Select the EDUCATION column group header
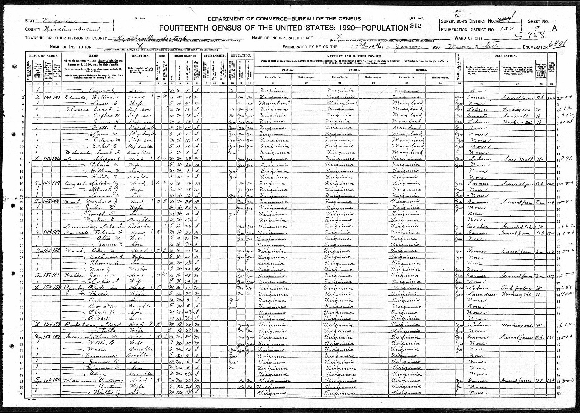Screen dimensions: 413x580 241,56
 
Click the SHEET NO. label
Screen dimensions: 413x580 538,22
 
